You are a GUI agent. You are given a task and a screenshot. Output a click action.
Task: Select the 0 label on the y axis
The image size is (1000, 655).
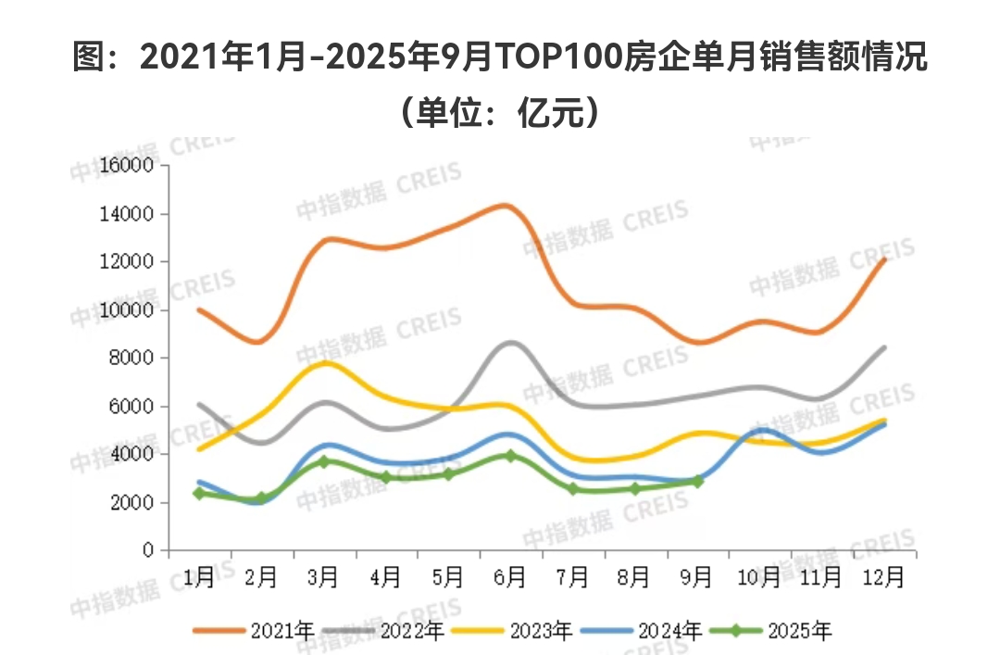pos(148,551)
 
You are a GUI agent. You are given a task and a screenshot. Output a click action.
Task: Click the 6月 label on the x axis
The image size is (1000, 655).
pos(510,577)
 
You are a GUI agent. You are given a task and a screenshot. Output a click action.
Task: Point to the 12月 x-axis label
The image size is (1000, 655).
pos(883,577)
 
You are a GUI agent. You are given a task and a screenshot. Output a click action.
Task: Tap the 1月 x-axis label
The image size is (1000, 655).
pos(199,577)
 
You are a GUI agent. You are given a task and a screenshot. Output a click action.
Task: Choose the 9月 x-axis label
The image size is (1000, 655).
pos(697,577)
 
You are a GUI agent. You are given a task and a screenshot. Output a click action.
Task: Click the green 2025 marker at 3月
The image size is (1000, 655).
pos(323,460)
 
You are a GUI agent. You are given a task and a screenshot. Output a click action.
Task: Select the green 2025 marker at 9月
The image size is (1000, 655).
pos(697,481)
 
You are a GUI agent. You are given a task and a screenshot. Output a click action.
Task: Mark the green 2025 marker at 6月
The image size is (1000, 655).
pos(510,455)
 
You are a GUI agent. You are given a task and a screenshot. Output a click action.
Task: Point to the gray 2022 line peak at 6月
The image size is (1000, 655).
pos(510,343)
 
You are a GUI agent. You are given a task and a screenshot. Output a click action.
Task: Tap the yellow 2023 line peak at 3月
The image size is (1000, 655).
pos(324,362)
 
